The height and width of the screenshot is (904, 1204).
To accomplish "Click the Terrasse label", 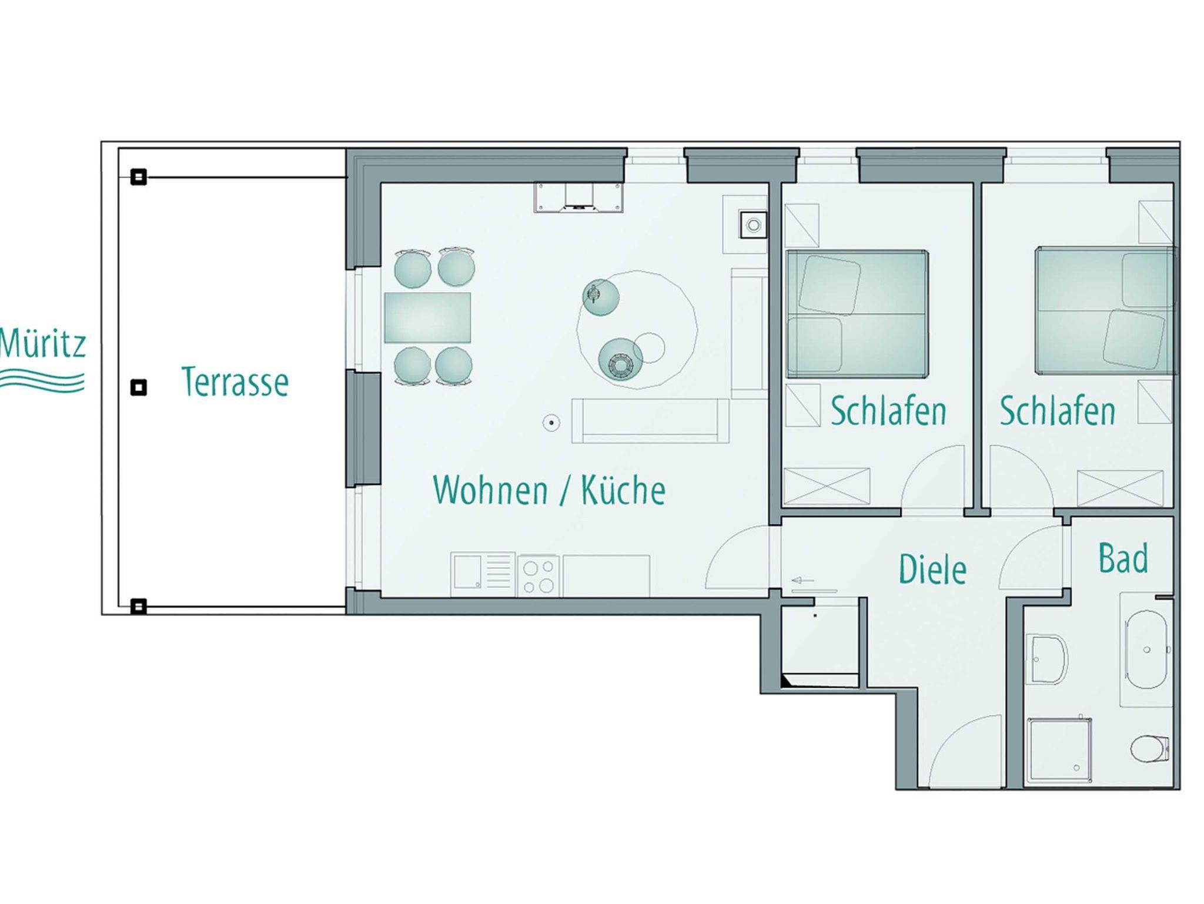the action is click(x=235, y=381).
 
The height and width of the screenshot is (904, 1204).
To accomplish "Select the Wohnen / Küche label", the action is click(x=549, y=490).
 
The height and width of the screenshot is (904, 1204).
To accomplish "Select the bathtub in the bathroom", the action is click(x=1146, y=649).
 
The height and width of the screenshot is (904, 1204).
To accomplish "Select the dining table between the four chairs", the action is click(x=427, y=317).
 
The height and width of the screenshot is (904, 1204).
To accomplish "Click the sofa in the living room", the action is click(x=650, y=421).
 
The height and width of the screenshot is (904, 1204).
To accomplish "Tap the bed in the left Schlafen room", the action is click(x=857, y=313).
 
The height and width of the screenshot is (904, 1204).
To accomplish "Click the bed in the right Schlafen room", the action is click(x=1106, y=311).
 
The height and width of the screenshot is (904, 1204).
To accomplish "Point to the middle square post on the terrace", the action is click(x=138, y=387).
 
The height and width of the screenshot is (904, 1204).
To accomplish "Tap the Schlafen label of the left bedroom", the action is click(x=888, y=411).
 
